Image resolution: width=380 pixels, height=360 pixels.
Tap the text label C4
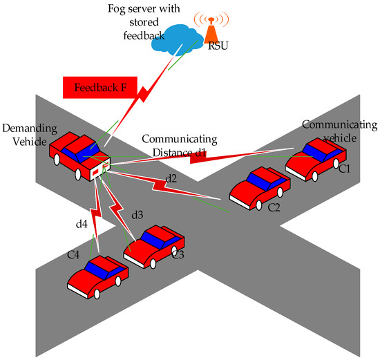[74, 256]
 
